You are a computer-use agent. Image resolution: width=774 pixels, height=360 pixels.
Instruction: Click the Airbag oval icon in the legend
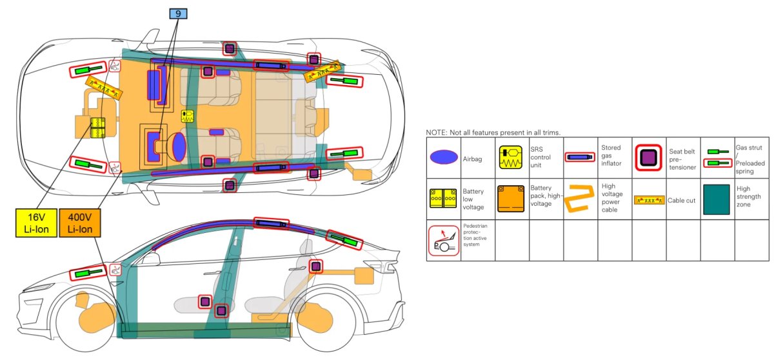tap(442, 157)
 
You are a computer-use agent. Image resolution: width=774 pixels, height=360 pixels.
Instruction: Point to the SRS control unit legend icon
tap(511, 157)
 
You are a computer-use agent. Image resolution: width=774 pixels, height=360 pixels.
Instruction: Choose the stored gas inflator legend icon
tap(580, 157)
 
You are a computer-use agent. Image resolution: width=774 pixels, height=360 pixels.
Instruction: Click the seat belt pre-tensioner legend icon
tap(648, 157)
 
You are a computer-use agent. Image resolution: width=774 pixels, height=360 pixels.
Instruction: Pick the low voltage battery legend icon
tap(442, 198)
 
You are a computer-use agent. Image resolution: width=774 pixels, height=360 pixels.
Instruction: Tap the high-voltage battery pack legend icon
tap(511, 199)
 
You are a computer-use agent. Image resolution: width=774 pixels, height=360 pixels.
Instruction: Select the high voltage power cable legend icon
tap(580, 199)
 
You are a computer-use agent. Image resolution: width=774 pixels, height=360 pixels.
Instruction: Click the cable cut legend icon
tap(649, 200)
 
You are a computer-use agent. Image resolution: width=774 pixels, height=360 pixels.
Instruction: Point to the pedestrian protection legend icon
tap(443, 240)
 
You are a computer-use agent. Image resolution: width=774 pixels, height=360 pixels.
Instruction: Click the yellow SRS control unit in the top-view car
tap(188, 117)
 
